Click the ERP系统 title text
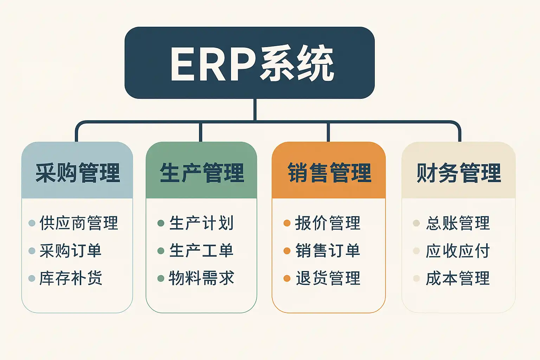(x=252, y=64)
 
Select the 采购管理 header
(x=78, y=173)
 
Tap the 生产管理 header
(x=202, y=173)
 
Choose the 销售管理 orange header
(x=329, y=173)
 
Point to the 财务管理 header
(x=458, y=173)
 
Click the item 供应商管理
(x=79, y=223)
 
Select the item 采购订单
(x=71, y=251)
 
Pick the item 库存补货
(x=71, y=278)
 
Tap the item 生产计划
(x=201, y=223)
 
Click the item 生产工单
(x=201, y=251)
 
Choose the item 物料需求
(x=201, y=278)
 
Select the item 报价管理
(x=328, y=223)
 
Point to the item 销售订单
(x=328, y=251)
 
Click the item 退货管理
(x=328, y=278)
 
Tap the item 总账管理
(x=458, y=223)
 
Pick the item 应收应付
(x=458, y=251)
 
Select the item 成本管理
(x=458, y=278)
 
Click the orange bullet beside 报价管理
(x=287, y=223)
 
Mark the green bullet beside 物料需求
(x=161, y=278)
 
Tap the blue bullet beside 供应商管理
(x=32, y=223)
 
